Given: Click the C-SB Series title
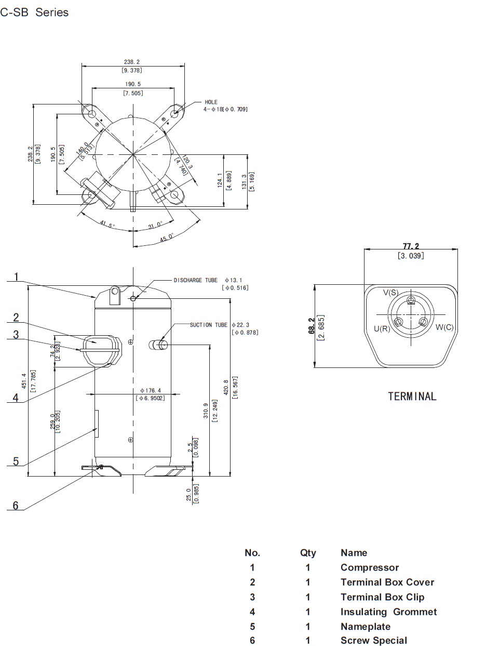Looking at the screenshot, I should point(34,12).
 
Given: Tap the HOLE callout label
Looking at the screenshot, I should point(211,102).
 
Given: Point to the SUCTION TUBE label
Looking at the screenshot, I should point(208,325).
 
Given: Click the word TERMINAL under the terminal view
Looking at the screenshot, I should point(412,397).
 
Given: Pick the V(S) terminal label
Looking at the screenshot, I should point(391,293).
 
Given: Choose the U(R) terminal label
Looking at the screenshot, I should point(382,329).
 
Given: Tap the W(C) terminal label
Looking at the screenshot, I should point(444,327).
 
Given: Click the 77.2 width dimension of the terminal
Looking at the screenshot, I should point(411,246).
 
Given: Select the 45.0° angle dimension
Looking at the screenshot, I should point(167,237).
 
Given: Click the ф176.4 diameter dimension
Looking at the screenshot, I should point(151,390).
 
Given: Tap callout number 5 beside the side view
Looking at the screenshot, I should point(16,461).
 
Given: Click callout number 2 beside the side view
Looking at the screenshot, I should point(16,317).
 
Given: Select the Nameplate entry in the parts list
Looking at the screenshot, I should point(365,626).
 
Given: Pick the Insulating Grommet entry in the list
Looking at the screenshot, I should point(388,612).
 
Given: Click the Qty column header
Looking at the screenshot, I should point(308,552).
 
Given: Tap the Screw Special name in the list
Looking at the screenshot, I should point(373,640).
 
